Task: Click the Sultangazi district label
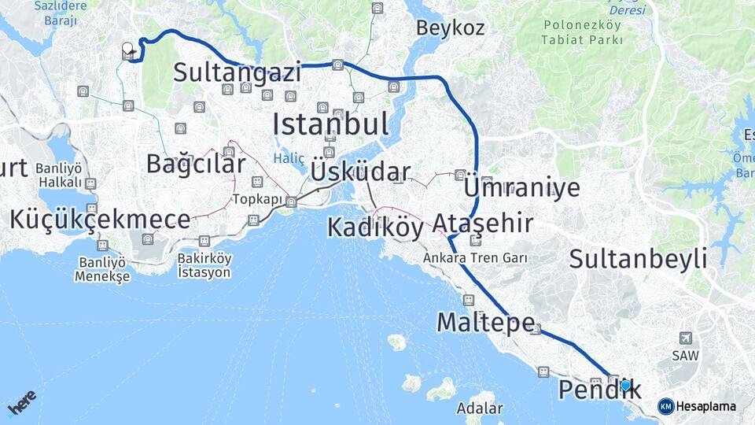coord(238,73)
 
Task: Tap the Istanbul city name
coord(330,124)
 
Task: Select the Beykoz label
coord(451,28)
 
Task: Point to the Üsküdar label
coord(360,172)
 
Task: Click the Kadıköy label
coord(375,227)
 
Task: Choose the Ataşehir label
coord(483,224)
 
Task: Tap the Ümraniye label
coord(522,187)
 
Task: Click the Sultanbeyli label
coord(638,258)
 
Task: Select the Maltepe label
coord(486,322)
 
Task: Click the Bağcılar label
coord(196,164)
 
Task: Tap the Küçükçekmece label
coord(100,220)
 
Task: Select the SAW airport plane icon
coord(686,338)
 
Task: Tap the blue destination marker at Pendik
coord(625,386)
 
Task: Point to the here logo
coord(21,404)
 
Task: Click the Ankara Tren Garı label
coord(474,257)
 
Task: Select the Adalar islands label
coord(479,408)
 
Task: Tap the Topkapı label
coord(257,199)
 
